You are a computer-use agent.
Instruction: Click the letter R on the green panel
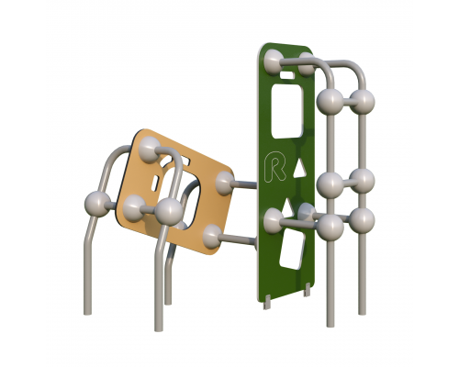click(x=274, y=168)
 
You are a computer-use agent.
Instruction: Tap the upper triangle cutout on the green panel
click(x=299, y=170)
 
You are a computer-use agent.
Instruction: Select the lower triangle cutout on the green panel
click(x=286, y=206)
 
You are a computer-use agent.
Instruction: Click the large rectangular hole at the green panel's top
click(x=286, y=111)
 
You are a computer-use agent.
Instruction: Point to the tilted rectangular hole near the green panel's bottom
click(x=292, y=249)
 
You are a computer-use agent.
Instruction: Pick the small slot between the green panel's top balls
click(x=287, y=74)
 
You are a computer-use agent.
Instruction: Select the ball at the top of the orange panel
click(x=150, y=149)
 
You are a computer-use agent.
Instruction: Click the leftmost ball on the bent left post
click(x=97, y=204)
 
